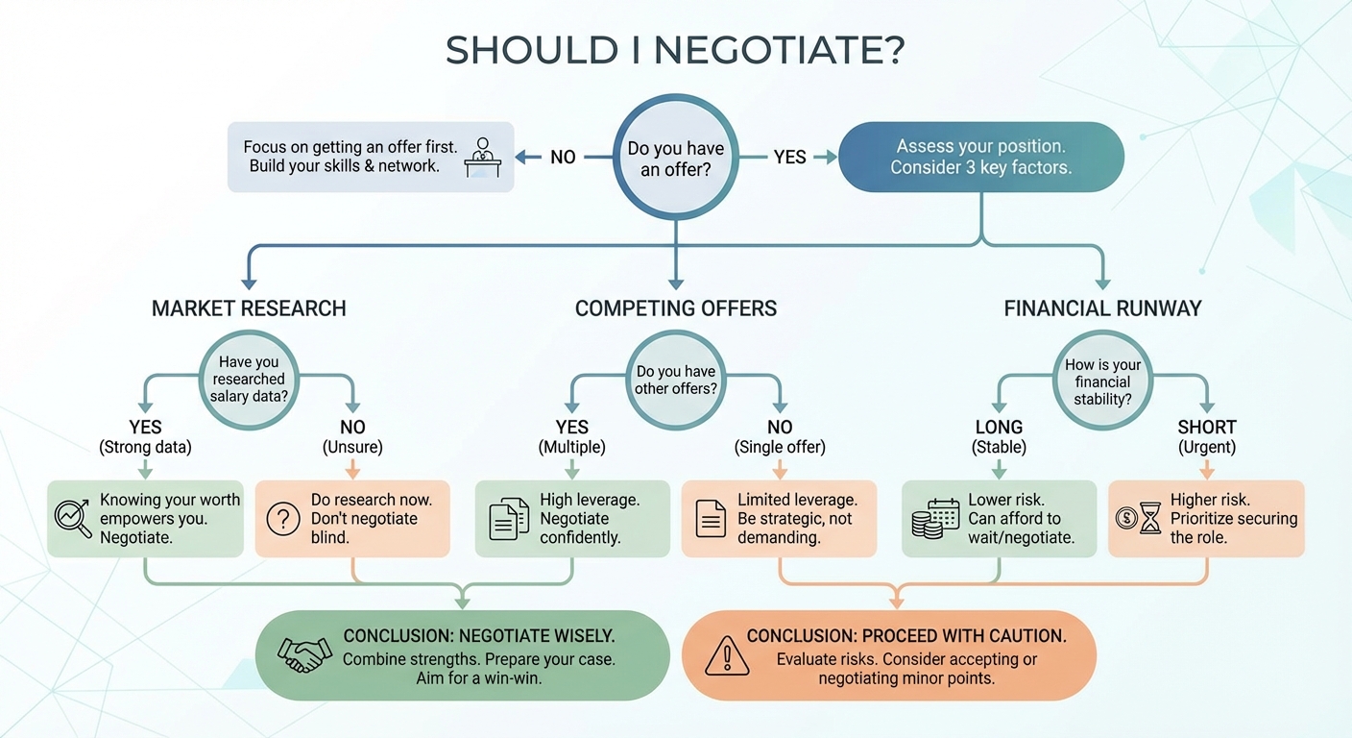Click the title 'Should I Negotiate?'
pos(675,51)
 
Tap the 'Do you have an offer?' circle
pos(675,159)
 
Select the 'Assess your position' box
pos(980,157)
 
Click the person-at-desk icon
pos(482,157)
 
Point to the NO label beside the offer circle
pos(563,157)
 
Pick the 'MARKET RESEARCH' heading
pos(249,308)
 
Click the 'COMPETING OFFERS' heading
pos(675,308)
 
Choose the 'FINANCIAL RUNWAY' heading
pos(1102,308)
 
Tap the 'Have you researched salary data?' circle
pos(249,380)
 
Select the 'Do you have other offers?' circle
pos(675,380)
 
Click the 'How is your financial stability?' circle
pos(1102,381)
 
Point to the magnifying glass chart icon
pos(73,518)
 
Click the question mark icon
pos(282,519)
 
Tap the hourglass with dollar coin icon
pos(1138,519)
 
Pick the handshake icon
pos(304,654)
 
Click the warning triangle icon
pos(726,654)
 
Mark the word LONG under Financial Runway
pos(999,428)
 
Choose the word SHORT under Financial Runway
pos(1207,428)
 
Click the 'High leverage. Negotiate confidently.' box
pos(572,519)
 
